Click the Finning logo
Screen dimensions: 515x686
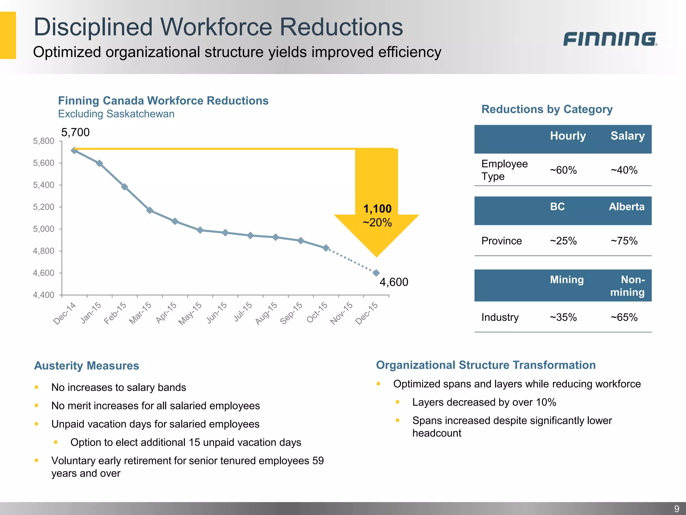point(610,39)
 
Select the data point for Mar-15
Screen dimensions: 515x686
point(150,210)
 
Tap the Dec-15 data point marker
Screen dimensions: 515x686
point(376,273)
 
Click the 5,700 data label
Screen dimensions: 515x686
point(75,132)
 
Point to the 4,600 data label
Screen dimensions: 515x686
point(394,282)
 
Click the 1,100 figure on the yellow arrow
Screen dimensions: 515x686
point(377,209)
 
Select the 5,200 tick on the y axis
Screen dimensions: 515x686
point(44,207)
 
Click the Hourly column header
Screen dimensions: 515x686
point(568,136)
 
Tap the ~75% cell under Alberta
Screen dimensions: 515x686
point(624,241)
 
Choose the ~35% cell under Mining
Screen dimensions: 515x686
point(563,317)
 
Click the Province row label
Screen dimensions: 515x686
point(501,241)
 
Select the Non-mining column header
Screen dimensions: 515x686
point(627,286)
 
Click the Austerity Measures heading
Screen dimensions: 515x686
point(86,365)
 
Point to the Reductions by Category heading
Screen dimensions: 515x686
point(547,109)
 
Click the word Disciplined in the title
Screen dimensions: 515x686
point(93,27)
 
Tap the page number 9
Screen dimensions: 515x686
point(676,509)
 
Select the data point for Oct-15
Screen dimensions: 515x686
point(326,248)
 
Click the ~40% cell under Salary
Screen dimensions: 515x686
point(624,170)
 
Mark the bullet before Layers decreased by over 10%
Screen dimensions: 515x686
point(398,402)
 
